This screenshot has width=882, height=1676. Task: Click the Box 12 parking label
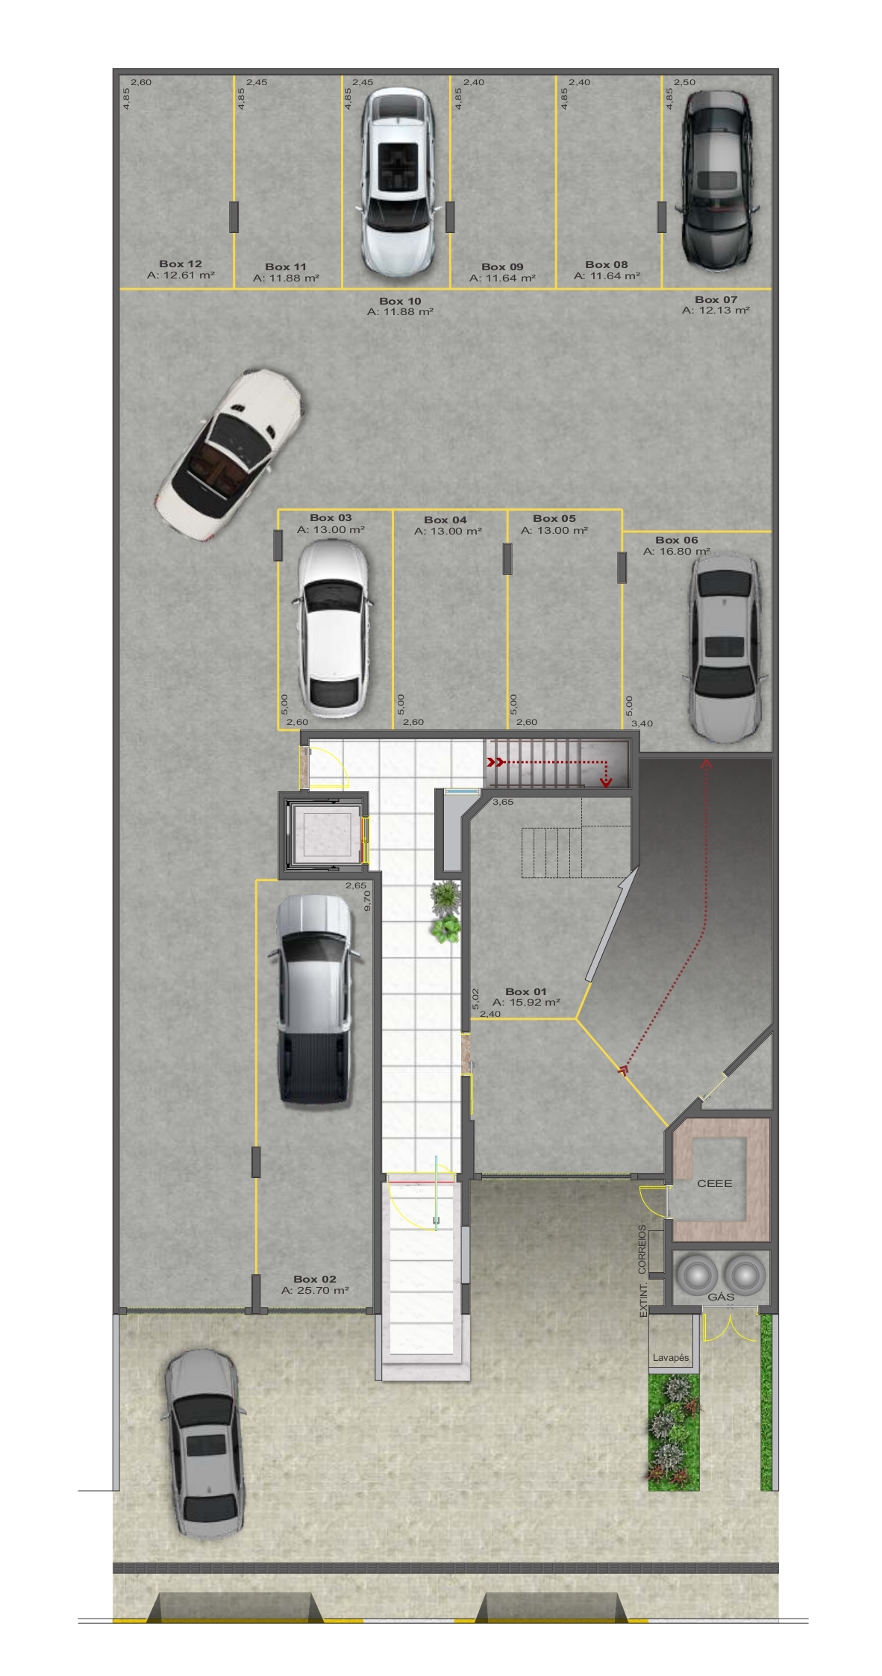click(181, 264)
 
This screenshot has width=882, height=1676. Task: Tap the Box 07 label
click(716, 299)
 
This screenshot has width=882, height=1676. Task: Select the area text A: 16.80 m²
click(677, 552)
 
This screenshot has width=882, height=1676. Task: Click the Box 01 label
click(526, 991)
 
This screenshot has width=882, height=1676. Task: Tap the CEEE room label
click(714, 1183)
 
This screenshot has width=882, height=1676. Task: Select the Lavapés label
click(671, 1358)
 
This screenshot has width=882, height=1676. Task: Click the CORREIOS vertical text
click(642, 1247)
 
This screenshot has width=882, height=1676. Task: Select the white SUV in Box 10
click(397, 181)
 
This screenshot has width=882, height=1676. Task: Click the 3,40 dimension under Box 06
click(642, 723)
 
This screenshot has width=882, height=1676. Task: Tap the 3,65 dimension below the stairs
click(503, 802)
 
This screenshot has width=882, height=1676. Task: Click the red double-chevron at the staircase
click(494, 762)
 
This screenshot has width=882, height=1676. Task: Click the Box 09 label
click(502, 267)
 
